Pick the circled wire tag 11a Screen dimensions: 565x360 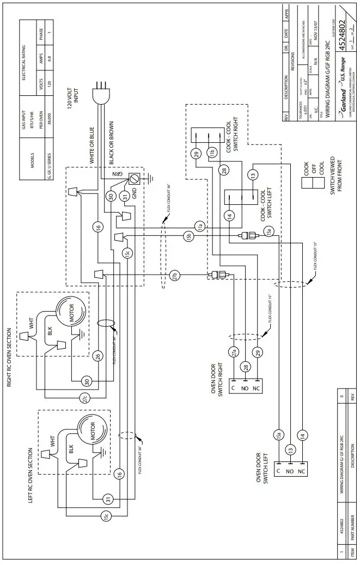click(x=199, y=226)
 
